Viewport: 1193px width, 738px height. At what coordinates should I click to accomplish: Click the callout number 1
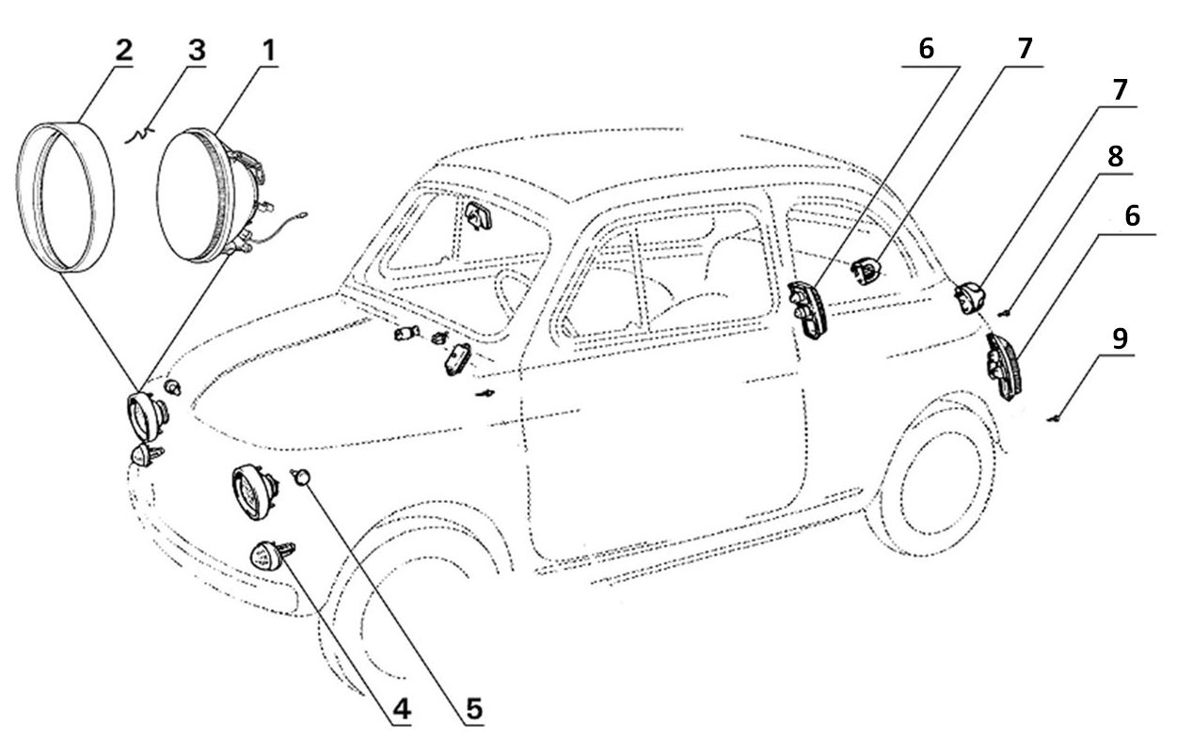coord(269,51)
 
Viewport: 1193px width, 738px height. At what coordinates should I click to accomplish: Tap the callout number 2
coord(123,51)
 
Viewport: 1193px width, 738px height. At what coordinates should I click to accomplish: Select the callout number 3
coord(196,51)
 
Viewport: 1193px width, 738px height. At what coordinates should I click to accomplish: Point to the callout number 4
coord(402,710)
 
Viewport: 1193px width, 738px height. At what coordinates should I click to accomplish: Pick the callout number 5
coord(474,710)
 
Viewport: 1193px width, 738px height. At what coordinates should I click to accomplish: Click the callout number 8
coord(1115,156)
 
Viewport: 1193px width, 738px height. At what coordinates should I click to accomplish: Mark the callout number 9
coord(1120,339)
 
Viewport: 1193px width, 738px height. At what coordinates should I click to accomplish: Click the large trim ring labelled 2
coord(66,196)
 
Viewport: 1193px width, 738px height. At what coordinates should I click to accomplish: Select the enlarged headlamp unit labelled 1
coord(202,195)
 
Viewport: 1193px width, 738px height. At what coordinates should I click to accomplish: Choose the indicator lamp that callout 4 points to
coord(267,555)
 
